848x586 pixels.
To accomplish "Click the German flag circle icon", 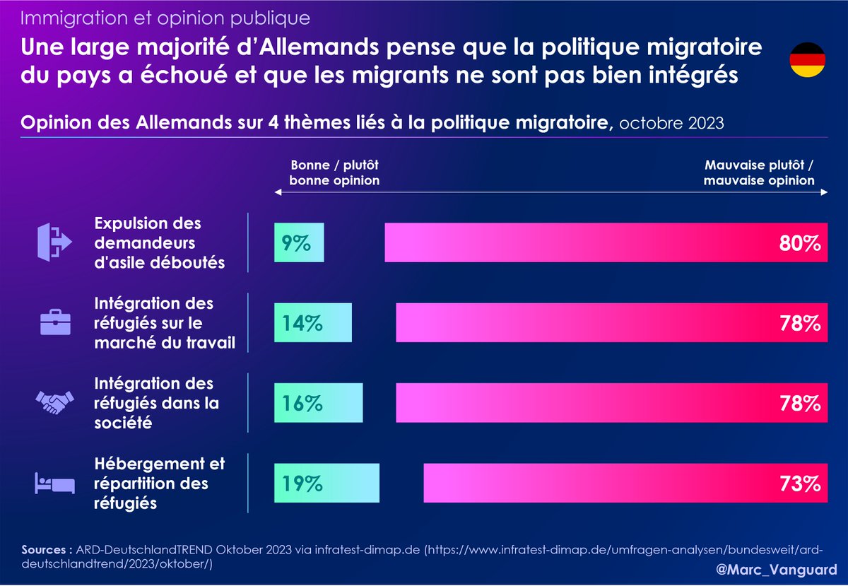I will click(806, 60).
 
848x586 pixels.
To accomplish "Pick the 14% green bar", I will click(313, 323).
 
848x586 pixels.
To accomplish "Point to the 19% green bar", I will click(326, 484).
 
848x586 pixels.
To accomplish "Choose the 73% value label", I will click(801, 484).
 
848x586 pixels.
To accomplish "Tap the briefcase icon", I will click(55, 323).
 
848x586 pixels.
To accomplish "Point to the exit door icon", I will click(55, 242).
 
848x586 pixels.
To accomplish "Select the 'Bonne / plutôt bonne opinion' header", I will click(335, 172).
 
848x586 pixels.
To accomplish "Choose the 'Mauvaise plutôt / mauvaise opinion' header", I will click(759, 172).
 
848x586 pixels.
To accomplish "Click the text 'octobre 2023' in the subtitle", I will click(671, 122).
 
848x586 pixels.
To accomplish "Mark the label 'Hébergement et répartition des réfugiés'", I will click(160, 484).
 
